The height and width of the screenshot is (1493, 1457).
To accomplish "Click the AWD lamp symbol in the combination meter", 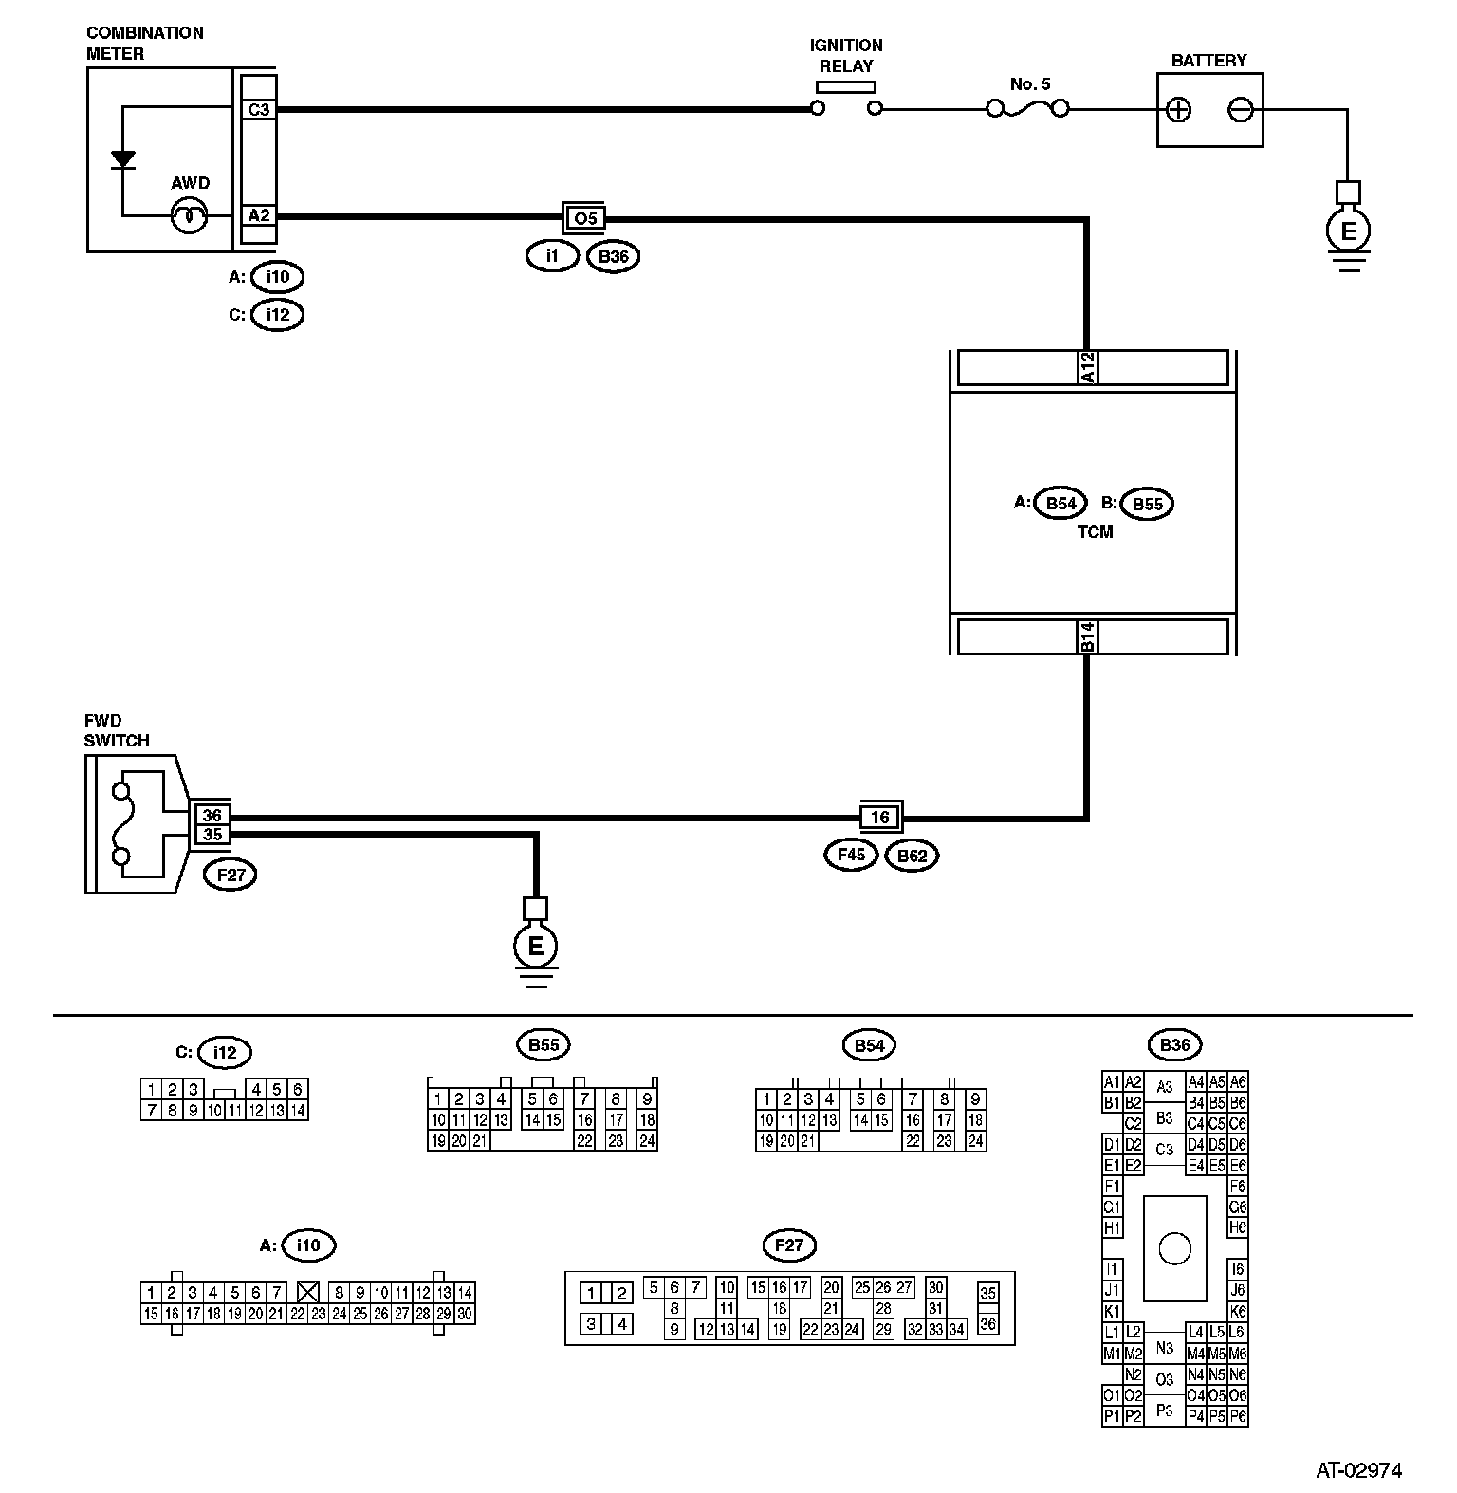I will tap(190, 216).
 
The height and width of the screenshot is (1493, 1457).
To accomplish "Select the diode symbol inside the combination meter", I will tap(122, 159).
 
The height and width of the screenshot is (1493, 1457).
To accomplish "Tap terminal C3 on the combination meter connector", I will tap(258, 110).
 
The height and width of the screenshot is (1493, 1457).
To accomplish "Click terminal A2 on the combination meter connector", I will tap(258, 216).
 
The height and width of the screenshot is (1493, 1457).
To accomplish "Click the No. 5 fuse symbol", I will tap(1028, 109).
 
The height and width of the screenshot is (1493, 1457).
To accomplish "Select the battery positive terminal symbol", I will tap(1178, 110).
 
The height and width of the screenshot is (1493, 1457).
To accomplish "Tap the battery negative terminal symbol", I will tap(1240, 110).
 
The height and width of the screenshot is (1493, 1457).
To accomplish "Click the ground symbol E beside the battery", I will tap(1348, 230).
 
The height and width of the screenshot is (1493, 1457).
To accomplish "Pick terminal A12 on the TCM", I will tap(1088, 368).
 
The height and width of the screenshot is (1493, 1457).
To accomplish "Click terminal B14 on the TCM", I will tap(1088, 636).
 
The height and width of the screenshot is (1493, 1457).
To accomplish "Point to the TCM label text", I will tap(1095, 532).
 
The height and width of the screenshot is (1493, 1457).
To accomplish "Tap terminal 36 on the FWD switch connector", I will tap(212, 816).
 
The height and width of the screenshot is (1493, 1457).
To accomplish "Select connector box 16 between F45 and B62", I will tap(880, 817).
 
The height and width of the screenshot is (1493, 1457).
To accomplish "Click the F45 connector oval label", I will tap(851, 856).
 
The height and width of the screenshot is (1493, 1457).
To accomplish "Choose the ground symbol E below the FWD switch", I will tap(536, 946).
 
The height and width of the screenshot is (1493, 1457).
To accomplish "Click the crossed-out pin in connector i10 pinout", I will tap(306, 1292).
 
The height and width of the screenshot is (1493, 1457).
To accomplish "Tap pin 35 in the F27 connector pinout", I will tap(987, 1293).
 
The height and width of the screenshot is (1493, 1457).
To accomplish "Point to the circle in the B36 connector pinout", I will tap(1174, 1248).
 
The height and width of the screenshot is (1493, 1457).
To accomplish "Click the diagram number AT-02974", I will tap(1358, 1471).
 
